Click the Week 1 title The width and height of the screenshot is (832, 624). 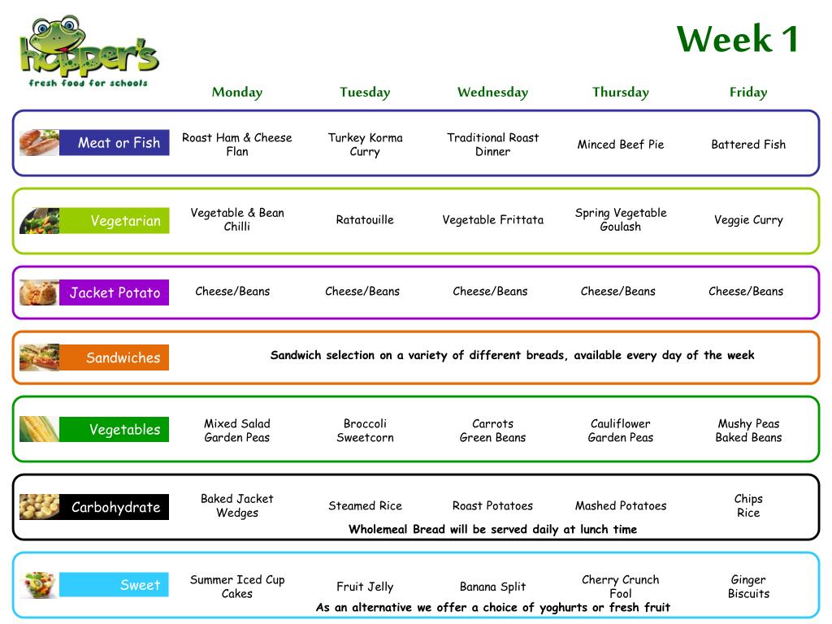coord(738,39)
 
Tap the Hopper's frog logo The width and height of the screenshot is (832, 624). coord(89,51)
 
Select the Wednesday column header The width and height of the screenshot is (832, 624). coord(493,93)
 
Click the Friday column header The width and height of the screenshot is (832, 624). coord(748,93)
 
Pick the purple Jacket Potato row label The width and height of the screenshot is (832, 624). coord(114,292)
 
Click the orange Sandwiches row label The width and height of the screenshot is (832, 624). coord(114,357)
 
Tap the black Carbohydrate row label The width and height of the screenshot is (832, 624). coord(114,507)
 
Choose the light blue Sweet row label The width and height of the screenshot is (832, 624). coord(114,585)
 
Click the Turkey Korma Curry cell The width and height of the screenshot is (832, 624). coord(365,145)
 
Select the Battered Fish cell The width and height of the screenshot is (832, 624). coord(748,145)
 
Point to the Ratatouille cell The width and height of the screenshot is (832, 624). coord(365,219)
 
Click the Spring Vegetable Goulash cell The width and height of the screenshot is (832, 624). coord(621,219)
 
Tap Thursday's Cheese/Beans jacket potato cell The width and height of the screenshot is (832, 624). coord(618,292)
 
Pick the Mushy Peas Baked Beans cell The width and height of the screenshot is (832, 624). coord(748,431)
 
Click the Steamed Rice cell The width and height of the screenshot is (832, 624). coord(365,505)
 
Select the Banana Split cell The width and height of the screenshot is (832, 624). coord(493,587)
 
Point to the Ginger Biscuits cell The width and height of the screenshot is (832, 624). coord(748,587)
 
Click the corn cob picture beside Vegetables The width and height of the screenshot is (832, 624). coord(39,429)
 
